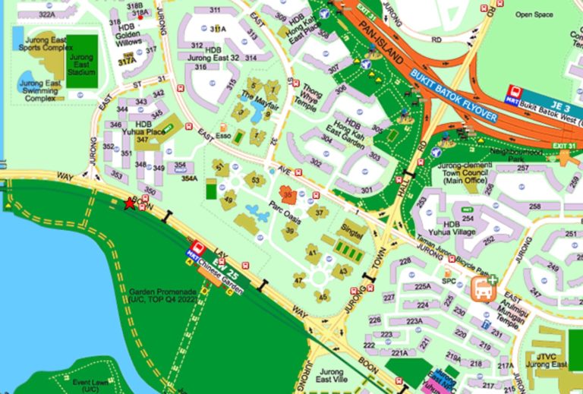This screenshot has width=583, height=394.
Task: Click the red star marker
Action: point(130,203)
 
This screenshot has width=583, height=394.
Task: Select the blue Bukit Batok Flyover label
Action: point(455,98)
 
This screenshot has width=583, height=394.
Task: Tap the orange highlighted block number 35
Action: point(286,194)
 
